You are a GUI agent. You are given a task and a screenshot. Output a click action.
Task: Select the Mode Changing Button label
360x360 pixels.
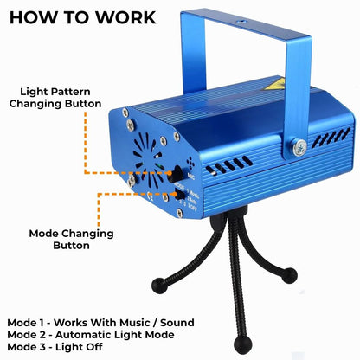[60, 239]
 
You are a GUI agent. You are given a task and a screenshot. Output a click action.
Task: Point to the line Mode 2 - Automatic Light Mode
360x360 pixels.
[91, 333]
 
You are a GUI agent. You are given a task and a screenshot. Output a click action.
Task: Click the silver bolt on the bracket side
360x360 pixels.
[299, 149]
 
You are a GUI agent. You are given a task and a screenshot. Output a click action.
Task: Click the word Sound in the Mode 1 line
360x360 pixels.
[172, 320]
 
